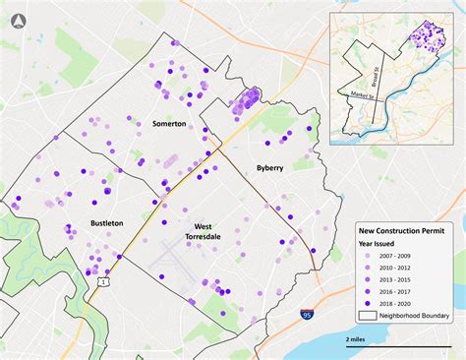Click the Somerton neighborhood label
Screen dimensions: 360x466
pos(169,124)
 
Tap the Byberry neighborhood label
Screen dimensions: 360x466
pos(270,168)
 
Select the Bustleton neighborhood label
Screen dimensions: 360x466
pos(106,223)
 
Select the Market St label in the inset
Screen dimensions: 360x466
pos(360,94)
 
